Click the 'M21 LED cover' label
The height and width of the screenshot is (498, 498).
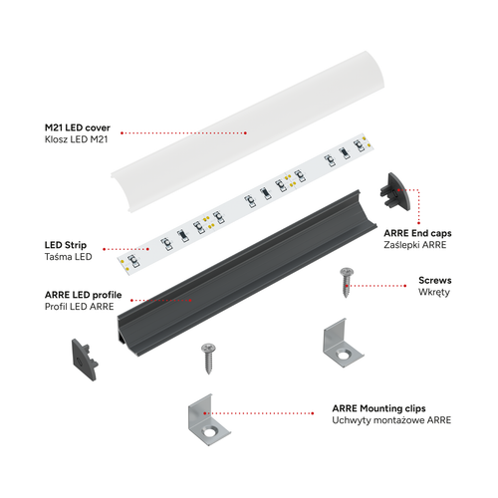point(78,127)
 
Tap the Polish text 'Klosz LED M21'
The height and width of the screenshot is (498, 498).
point(77,139)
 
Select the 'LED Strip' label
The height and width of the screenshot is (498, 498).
point(66,245)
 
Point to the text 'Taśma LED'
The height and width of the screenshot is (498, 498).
point(68,257)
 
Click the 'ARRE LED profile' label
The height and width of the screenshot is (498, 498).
point(83,295)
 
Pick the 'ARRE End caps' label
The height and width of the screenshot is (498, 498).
point(417,233)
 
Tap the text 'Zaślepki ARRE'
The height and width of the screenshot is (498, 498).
point(415,245)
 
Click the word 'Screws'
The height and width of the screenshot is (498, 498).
point(435,280)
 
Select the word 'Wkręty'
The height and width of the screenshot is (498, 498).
point(434,292)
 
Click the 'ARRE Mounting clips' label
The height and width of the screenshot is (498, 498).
point(378,408)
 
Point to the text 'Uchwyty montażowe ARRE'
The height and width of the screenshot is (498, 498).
point(391,420)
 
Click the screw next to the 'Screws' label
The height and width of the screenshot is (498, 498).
point(347,282)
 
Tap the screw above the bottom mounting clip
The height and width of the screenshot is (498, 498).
point(208,359)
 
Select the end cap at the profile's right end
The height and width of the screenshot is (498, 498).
point(396,191)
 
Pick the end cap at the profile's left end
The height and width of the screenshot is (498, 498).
point(85,360)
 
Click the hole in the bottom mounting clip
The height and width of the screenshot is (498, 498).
point(209,432)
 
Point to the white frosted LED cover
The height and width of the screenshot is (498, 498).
point(247,131)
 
